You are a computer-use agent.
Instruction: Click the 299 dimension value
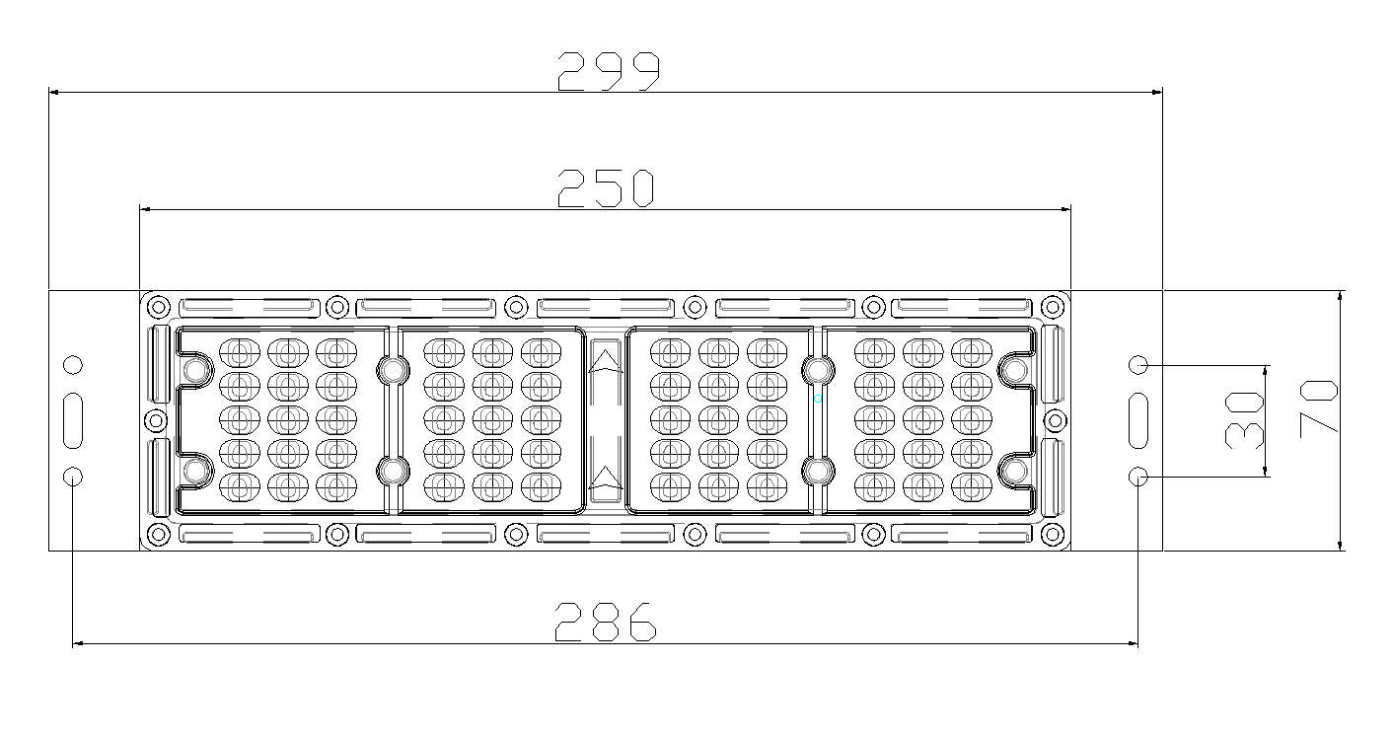click(x=608, y=71)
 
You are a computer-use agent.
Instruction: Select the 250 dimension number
click(x=606, y=188)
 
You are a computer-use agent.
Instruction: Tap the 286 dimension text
click(x=605, y=622)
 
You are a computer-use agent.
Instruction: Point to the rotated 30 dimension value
click(x=1244, y=420)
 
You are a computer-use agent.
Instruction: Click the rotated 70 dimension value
click(x=1318, y=408)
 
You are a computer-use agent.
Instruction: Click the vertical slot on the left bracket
click(x=73, y=420)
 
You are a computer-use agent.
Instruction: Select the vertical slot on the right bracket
click(x=1138, y=420)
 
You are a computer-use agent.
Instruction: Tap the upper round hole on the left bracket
click(x=73, y=365)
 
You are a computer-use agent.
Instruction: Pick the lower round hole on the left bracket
click(x=73, y=477)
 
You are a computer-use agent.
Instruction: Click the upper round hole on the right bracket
click(x=1138, y=365)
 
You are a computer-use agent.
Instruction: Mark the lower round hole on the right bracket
click(x=1138, y=477)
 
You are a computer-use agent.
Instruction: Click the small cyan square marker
click(x=818, y=399)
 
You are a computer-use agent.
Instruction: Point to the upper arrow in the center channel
click(x=605, y=362)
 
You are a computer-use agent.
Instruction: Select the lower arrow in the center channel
click(x=605, y=479)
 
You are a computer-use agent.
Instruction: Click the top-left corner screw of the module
click(x=159, y=307)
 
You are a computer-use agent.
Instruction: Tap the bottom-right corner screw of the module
click(x=1053, y=534)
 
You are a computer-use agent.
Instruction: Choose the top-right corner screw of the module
click(x=1053, y=307)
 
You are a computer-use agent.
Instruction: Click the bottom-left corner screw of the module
click(x=159, y=534)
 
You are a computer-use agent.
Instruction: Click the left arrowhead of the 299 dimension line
click(x=53, y=93)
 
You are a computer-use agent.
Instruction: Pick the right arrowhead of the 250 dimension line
click(x=1065, y=209)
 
